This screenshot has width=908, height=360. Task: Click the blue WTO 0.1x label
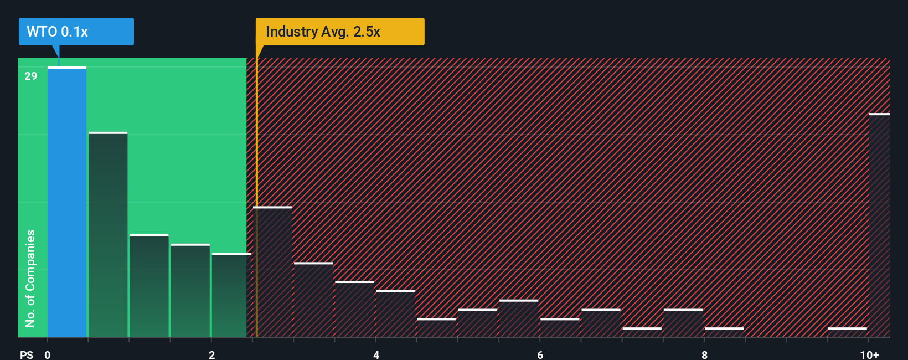[x=76, y=32]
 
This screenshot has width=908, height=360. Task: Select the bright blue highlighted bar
[x=67, y=202]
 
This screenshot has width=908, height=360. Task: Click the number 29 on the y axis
[x=31, y=76]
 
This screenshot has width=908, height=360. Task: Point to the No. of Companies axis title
[x=30, y=278]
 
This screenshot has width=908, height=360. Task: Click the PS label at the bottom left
[x=27, y=354]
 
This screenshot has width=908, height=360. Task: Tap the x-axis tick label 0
[x=48, y=354]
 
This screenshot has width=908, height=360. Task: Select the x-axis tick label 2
[x=211, y=354]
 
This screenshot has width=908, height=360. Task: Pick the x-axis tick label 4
[x=376, y=354]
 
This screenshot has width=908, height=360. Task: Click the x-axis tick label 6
[x=540, y=354]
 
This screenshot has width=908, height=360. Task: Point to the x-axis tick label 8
[x=704, y=354]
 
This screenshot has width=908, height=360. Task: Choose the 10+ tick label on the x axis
[x=869, y=354]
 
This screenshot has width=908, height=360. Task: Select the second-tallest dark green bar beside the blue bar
[x=108, y=235]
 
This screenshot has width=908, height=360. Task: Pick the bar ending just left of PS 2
[x=190, y=291]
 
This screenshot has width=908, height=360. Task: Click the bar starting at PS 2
[x=230, y=295]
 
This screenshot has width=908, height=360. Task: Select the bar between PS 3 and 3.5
[x=313, y=300]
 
